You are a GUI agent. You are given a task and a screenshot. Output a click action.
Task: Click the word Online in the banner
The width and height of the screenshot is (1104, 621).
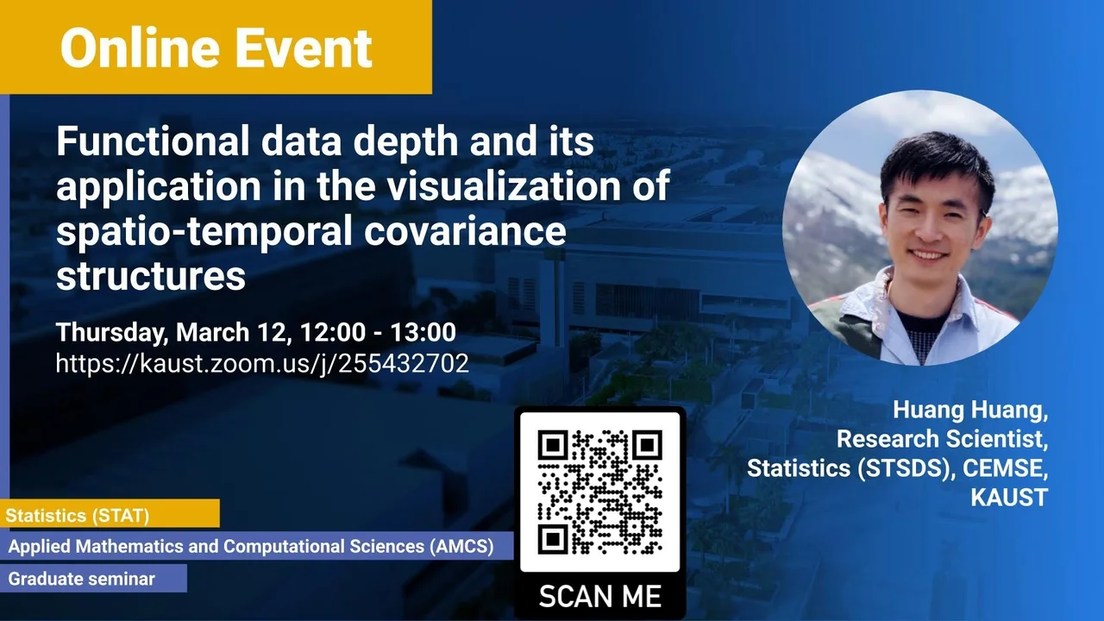point(140,47)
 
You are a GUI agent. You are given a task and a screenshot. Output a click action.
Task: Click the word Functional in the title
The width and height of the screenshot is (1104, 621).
point(153,141)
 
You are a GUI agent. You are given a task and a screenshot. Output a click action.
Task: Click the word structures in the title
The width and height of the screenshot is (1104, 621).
point(151,275)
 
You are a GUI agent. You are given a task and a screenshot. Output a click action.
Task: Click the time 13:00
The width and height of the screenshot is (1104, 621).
point(423,332)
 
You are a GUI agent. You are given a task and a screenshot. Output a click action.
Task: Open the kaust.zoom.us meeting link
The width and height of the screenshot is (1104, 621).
point(262,364)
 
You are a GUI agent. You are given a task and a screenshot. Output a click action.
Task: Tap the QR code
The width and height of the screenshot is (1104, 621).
point(599,492)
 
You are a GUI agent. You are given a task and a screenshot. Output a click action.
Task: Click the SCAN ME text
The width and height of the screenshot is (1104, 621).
point(599,596)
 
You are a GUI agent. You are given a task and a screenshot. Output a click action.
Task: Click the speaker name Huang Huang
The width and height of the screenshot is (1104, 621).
point(970,410)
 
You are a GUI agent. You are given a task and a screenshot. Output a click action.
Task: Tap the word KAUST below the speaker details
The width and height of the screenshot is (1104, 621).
point(1009,497)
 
